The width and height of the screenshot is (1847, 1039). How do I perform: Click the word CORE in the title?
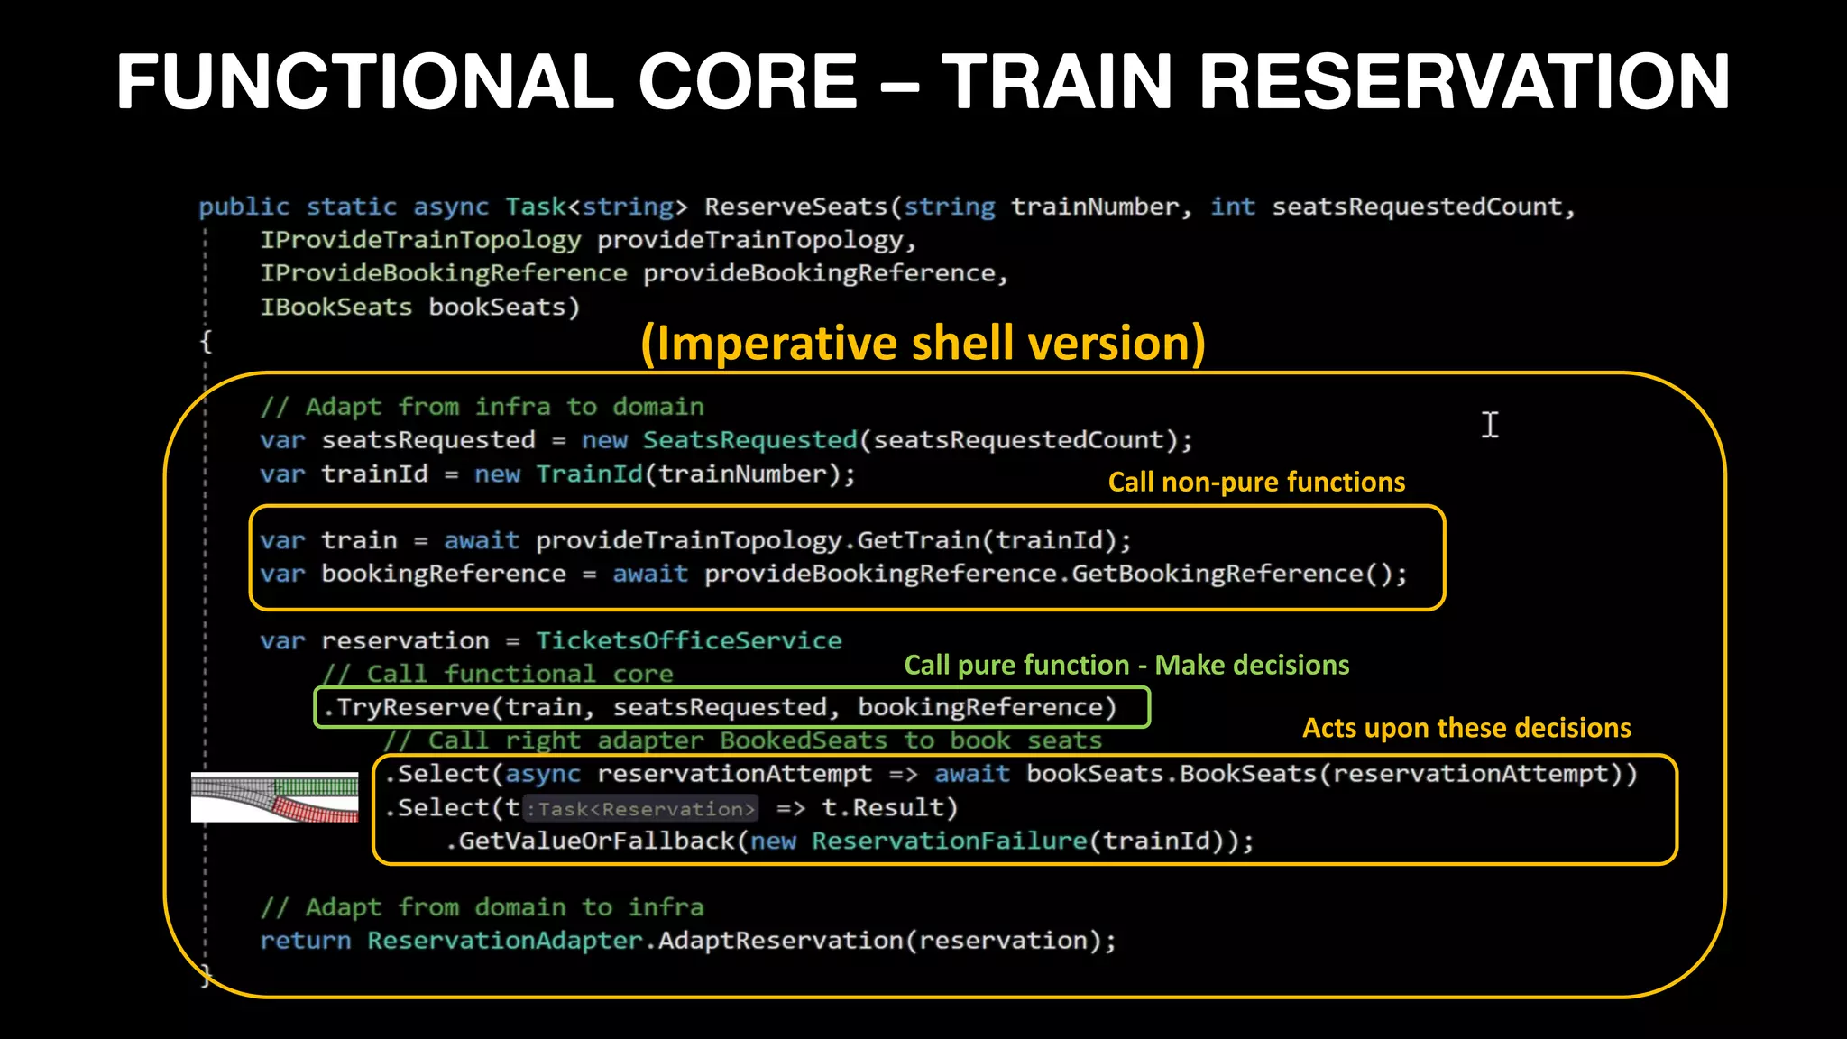point(748,82)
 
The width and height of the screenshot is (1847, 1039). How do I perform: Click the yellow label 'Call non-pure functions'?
point(1256,483)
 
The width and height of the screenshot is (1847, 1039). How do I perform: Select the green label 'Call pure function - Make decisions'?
point(1126,666)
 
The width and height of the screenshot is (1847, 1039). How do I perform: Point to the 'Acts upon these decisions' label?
point(1466,728)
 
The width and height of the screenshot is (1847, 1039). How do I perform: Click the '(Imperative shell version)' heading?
point(923,344)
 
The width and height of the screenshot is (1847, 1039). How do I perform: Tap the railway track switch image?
point(275,797)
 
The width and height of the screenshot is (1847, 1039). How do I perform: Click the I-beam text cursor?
point(1490,425)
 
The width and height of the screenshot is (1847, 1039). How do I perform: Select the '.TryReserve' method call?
point(406,707)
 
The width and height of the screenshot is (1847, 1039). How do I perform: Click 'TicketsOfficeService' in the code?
point(688,641)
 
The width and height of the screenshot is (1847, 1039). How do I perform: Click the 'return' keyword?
point(305,941)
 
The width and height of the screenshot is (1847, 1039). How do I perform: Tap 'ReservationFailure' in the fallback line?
point(949,841)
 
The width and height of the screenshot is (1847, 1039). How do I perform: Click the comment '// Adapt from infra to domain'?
point(482,407)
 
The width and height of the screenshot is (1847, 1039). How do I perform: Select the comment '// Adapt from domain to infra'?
point(482,907)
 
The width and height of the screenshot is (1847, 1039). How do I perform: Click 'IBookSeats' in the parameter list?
point(335,308)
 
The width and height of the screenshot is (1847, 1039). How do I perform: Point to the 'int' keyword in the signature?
point(1232,207)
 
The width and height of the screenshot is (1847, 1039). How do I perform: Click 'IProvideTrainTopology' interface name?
point(420,241)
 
